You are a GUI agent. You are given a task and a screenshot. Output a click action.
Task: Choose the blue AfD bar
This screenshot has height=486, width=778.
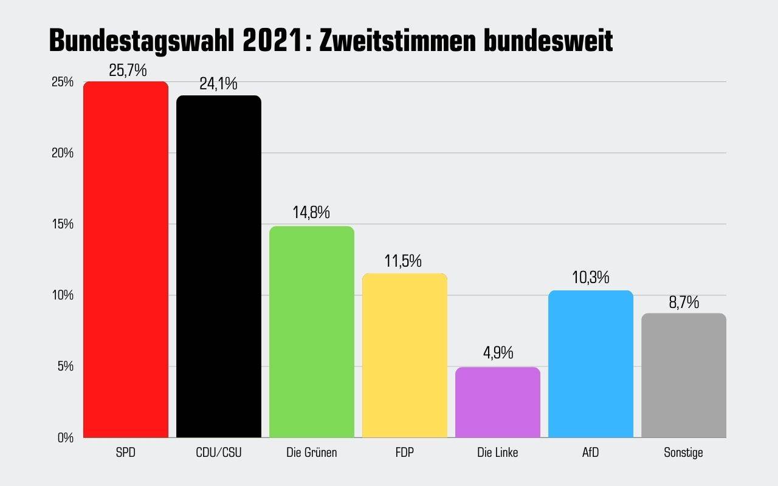[591, 364]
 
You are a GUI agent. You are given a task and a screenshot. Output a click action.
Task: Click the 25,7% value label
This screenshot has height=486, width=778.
[128, 70]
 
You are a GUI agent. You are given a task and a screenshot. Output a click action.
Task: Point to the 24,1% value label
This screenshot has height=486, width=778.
[218, 84]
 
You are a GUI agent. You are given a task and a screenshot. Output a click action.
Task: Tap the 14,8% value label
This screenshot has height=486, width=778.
[311, 213]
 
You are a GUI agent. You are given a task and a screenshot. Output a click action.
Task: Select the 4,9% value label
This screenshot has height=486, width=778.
[498, 353]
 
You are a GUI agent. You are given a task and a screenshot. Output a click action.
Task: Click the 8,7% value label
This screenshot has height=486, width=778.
[684, 302]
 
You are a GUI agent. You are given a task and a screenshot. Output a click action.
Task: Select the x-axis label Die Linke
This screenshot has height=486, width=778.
[498, 453]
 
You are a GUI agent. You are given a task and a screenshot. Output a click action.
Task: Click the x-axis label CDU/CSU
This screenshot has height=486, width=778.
[219, 453]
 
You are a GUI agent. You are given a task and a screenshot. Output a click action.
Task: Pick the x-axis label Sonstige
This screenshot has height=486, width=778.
[684, 453]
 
